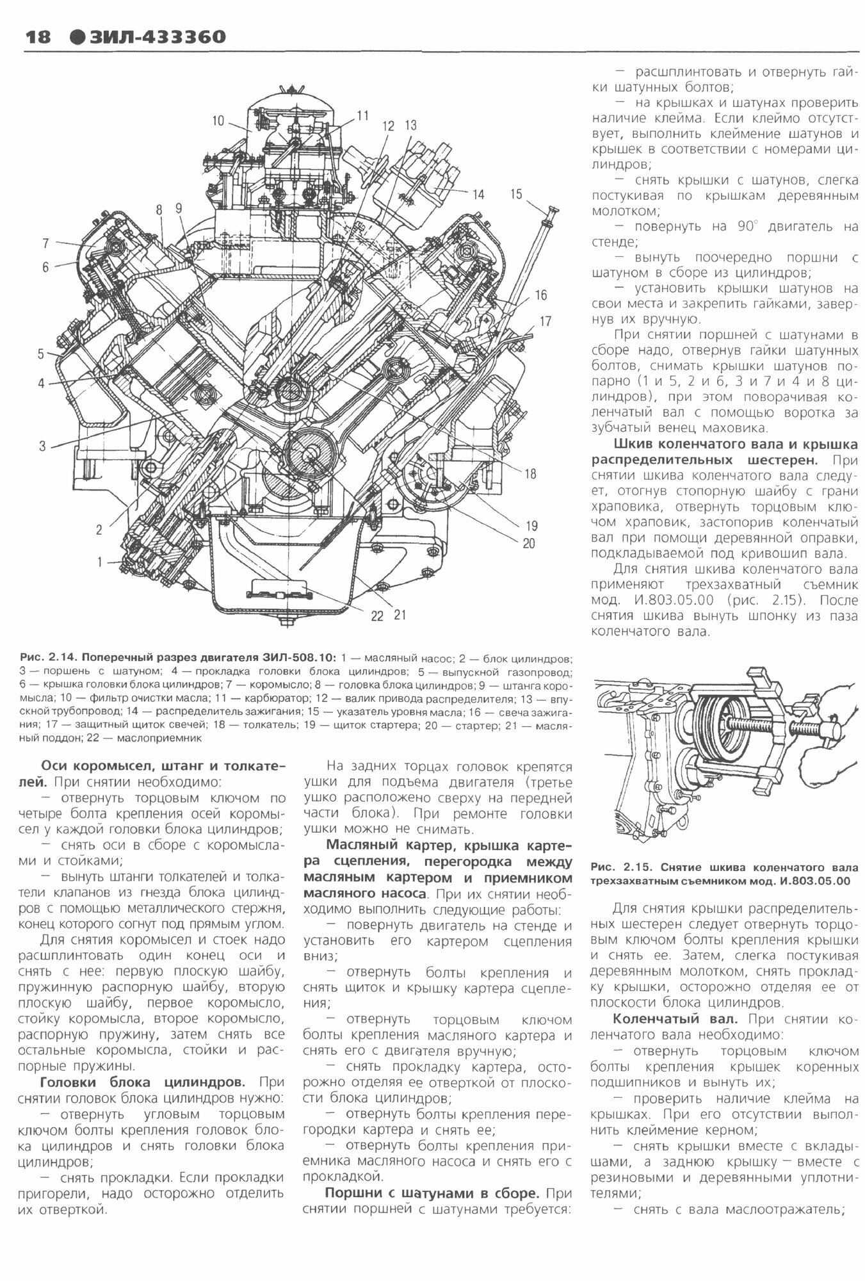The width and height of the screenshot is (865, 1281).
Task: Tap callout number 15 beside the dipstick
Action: [517, 194]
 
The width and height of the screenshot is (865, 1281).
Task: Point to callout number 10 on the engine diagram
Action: [219, 120]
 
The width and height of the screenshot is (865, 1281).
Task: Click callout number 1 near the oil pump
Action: [100, 562]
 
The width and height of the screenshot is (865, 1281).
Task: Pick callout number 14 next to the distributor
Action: [479, 194]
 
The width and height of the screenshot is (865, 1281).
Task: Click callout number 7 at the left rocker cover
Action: [45, 243]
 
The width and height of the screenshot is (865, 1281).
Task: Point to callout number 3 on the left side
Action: [42, 446]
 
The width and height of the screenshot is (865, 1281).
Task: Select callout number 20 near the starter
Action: [528, 544]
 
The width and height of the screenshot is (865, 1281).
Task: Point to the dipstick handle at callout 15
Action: [551, 211]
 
